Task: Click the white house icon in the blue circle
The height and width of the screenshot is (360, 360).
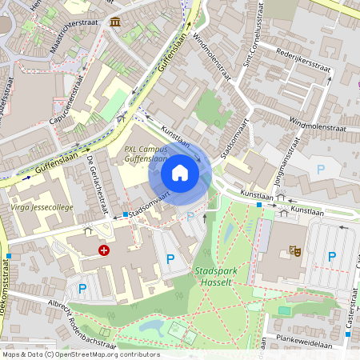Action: (180, 173)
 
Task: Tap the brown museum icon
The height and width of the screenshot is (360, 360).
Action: (116, 21)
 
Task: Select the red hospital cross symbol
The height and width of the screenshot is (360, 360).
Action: (103, 250)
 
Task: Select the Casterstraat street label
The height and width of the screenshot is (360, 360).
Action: (350, 321)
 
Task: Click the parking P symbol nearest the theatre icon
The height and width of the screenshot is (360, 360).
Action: (331, 256)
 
